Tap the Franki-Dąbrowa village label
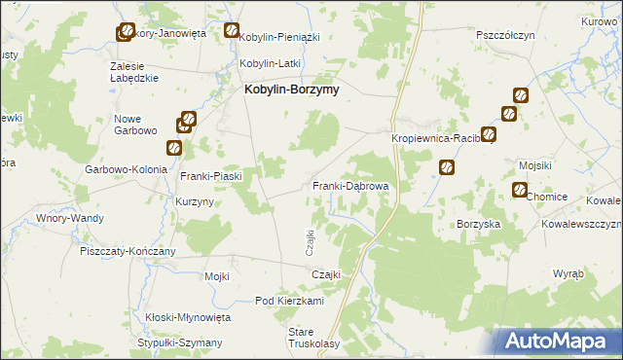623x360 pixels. click(x=351, y=185)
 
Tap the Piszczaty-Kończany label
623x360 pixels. click(x=128, y=251)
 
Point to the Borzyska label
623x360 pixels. click(x=479, y=224)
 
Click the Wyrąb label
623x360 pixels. click(x=568, y=274)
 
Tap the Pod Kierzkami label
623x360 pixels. click(x=289, y=301)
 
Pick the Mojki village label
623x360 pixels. click(x=216, y=276)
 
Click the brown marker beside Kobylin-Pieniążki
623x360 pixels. click(x=232, y=30)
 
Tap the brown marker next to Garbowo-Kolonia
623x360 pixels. click(x=174, y=148)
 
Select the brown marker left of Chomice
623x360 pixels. click(x=519, y=190)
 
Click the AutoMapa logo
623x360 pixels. click(x=558, y=340)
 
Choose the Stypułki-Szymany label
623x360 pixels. click(x=180, y=342)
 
